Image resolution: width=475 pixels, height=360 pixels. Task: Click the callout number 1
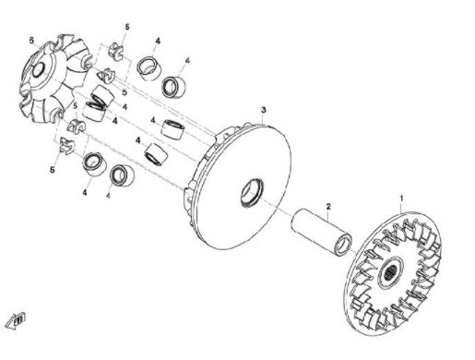400,198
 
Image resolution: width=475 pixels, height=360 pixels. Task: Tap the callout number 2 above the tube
328,207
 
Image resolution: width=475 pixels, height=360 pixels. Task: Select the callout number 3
264,110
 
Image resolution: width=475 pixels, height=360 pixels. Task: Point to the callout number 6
31,41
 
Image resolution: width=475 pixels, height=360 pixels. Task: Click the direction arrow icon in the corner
17,321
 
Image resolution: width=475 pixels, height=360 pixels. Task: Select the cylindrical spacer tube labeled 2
322,232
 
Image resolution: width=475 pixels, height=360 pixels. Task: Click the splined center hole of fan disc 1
390,273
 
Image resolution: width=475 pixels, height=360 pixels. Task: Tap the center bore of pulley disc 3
252,193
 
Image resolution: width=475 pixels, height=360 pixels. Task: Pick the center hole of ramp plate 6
39,69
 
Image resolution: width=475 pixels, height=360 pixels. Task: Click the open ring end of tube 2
343,245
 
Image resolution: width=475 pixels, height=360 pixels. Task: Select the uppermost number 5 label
127,27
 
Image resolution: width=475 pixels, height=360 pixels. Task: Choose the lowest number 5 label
53,170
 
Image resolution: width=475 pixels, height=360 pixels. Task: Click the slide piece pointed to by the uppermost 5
116,52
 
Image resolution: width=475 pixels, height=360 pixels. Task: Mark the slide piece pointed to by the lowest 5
67,146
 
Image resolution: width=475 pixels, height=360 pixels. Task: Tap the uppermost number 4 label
158,41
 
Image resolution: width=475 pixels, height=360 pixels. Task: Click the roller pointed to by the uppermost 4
148,68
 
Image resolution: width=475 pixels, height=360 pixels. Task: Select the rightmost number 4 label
187,61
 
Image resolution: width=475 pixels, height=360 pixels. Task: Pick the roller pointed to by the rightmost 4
173,86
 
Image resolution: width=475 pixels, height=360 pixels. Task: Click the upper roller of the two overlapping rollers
102,96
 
